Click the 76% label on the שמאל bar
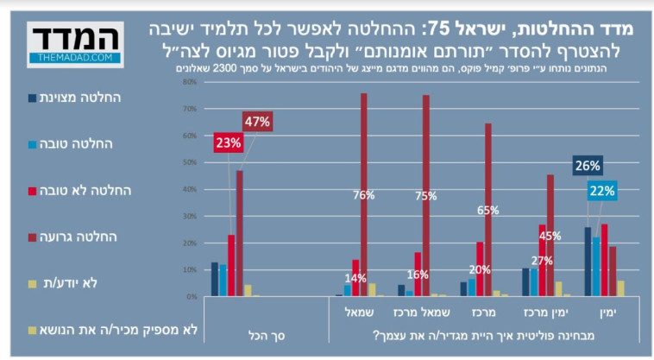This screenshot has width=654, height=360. pos(363,195)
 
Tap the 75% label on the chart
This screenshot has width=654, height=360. pos(425,196)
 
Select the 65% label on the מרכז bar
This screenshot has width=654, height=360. pos(488,210)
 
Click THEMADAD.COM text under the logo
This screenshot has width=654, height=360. pos(75,58)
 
